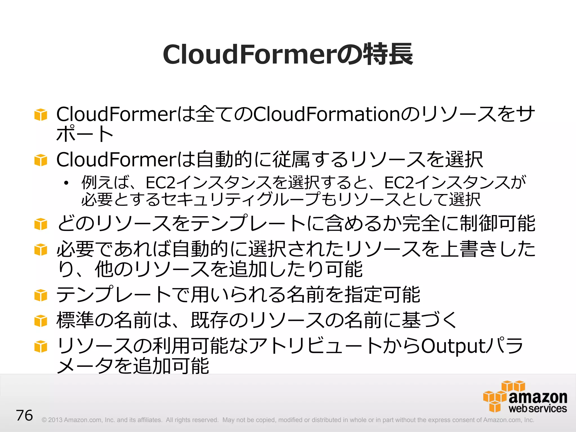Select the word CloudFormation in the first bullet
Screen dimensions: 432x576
pyautogui.click(x=326, y=114)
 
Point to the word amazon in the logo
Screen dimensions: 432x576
pyautogui.click(x=538, y=397)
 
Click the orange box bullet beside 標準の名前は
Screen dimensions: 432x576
pyautogui.click(x=40, y=321)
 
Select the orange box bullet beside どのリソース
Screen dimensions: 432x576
pyautogui.click(x=40, y=224)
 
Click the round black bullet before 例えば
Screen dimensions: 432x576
pyautogui.click(x=66, y=183)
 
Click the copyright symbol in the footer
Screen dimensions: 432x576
pyautogui.click(x=44, y=420)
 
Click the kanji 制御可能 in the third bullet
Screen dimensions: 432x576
pyautogui.click(x=497, y=224)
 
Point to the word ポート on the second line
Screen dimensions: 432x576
pyautogui.click(x=85, y=134)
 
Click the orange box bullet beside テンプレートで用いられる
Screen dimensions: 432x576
pyautogui.click(x=40, y=295)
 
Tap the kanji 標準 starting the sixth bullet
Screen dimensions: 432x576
pyautogui.click(x=75, y=320)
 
